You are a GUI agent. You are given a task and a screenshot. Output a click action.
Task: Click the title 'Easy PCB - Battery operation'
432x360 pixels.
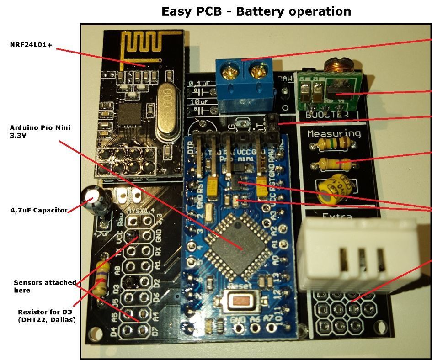click(256, 11)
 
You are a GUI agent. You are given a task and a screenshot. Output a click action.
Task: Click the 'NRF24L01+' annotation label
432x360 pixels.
click(31, 45)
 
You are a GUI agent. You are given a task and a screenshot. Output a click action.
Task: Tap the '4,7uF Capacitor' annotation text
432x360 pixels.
click(39, 210)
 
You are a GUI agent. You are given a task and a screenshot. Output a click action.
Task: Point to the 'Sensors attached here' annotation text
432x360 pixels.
click(45, 286)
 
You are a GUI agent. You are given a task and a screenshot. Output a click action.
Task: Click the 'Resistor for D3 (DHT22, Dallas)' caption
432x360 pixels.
click(47, 316)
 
